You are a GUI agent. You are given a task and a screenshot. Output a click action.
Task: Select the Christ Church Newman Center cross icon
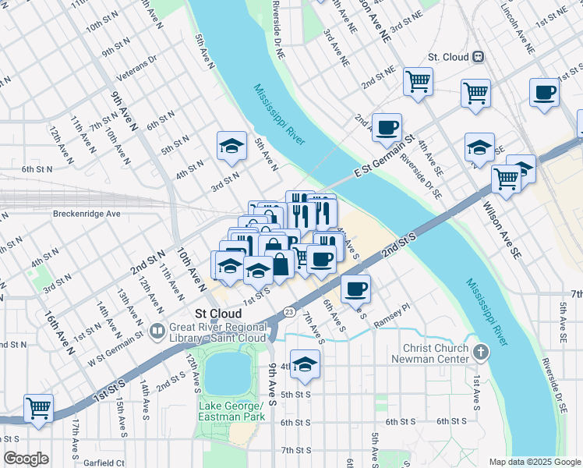click(x=482, y=353)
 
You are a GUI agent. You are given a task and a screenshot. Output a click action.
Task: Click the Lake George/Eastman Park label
click(x=232, y=411)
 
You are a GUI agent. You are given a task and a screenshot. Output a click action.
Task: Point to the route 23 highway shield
click(x=288, y=311)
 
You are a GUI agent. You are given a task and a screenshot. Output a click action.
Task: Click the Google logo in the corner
click(x=26, y=459)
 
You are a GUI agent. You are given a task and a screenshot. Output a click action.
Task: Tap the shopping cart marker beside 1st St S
click(x=38, y=407)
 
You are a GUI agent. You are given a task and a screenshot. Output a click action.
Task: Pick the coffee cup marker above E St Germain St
click(x=386, y=127)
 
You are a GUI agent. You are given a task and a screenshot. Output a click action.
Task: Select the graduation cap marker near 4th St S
click(x=306, y=364)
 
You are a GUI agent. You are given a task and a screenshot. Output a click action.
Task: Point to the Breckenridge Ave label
click(x=87, y=213)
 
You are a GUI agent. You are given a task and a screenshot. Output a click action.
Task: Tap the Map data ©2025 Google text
click(x=534, y=462)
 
